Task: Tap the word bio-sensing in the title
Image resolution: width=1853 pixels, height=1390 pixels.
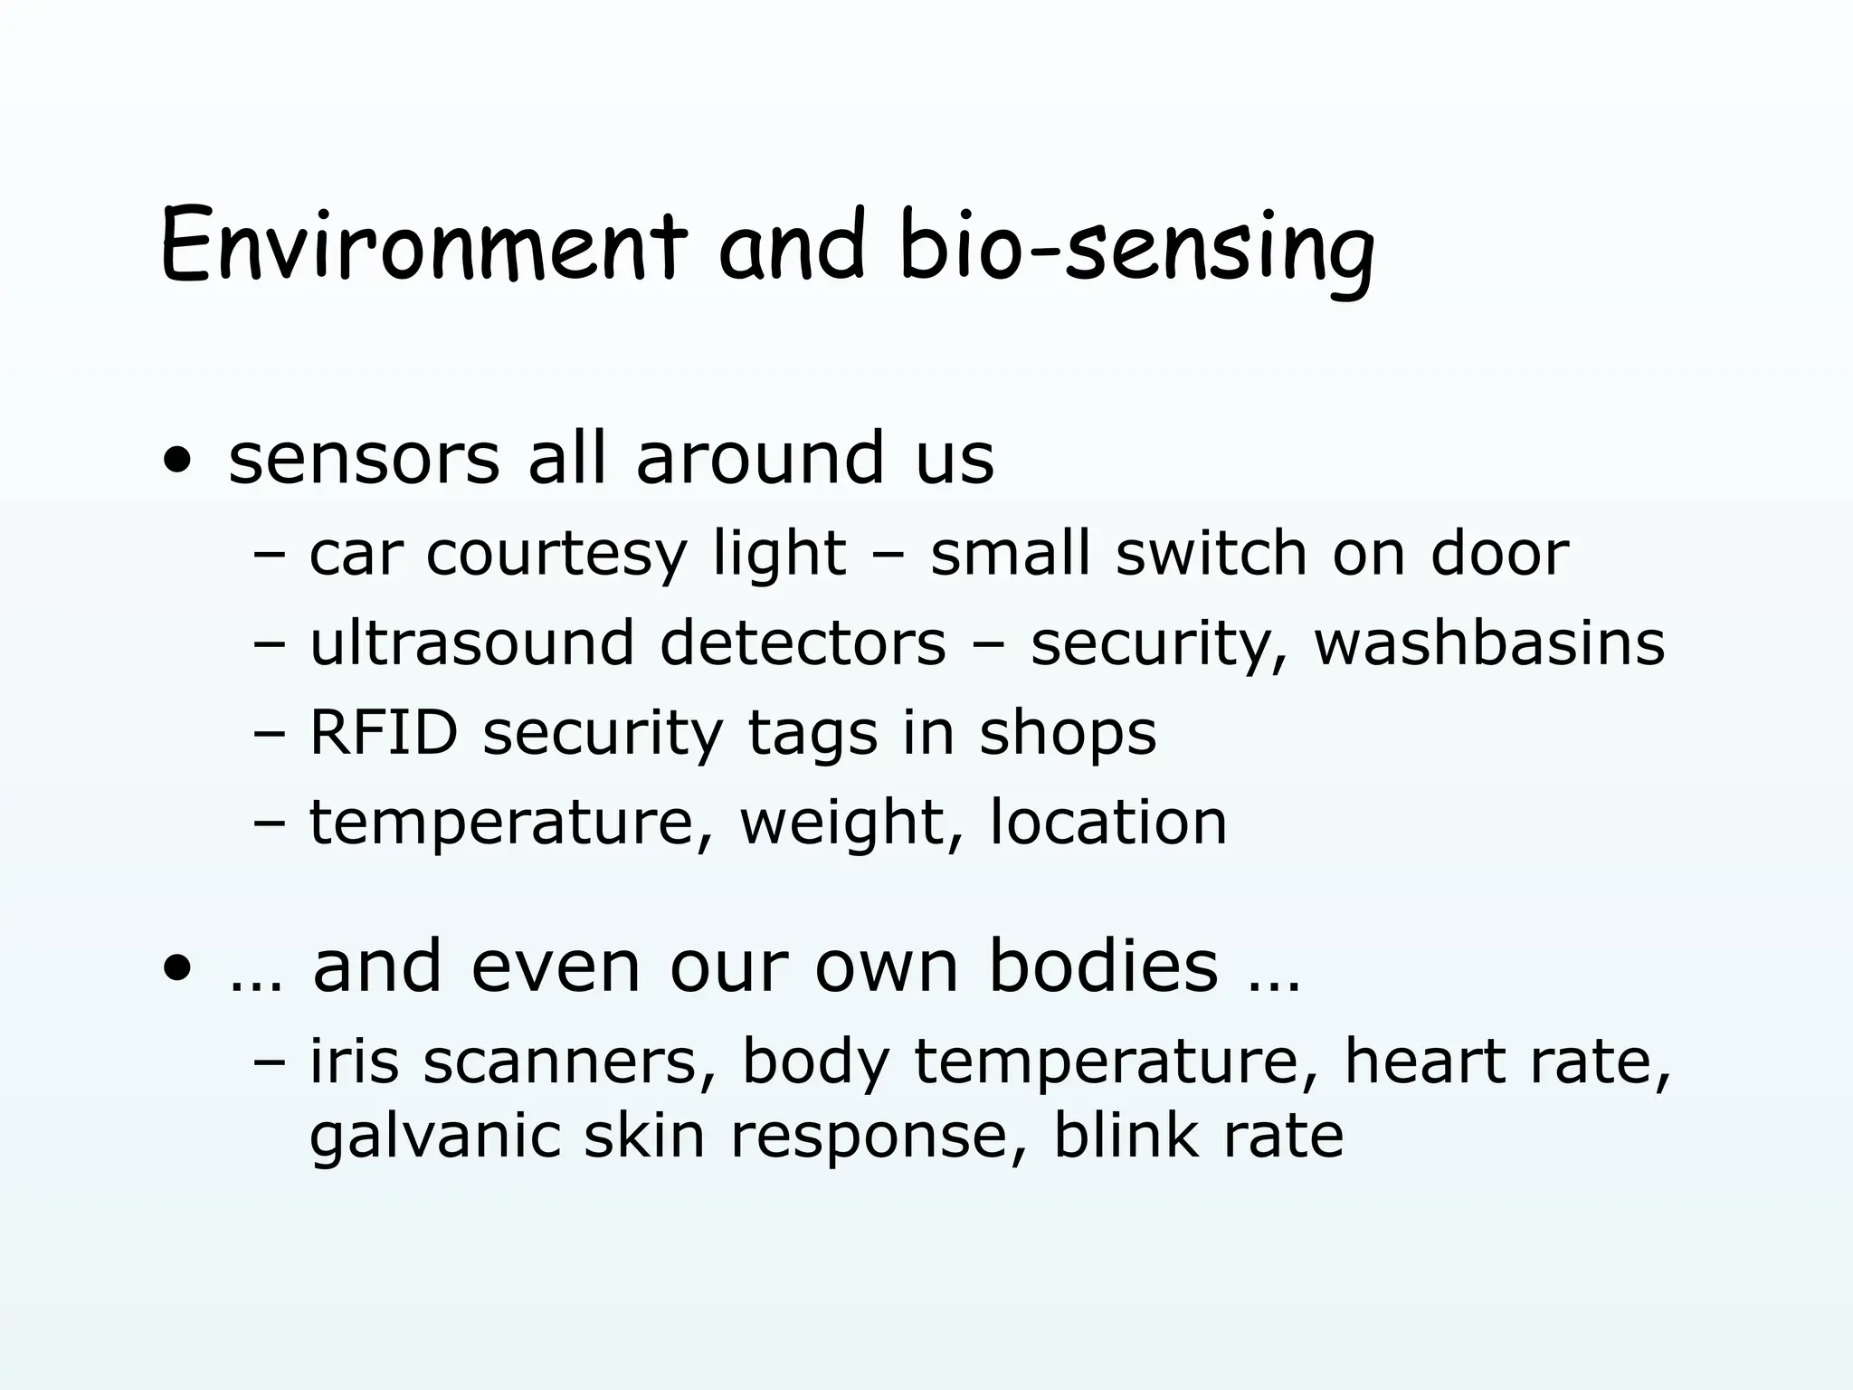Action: [x=1136, y=246]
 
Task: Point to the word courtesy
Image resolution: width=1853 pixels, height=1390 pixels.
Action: [x=556, y=554]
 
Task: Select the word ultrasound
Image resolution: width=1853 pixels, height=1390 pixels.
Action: [x=471, y=643]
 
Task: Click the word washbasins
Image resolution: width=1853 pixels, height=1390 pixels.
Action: [x=1488, y=643]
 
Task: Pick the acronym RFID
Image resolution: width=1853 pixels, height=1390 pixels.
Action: [x=384, y=732]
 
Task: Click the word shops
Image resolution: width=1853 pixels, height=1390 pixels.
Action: [x=1067, y=734]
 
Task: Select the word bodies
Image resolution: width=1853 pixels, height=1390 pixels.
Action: [x=1103, y=966]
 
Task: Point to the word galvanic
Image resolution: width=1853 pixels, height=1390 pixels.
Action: [x=433, y=1137]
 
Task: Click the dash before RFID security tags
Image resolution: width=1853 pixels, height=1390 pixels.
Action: [x=269, y=734]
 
